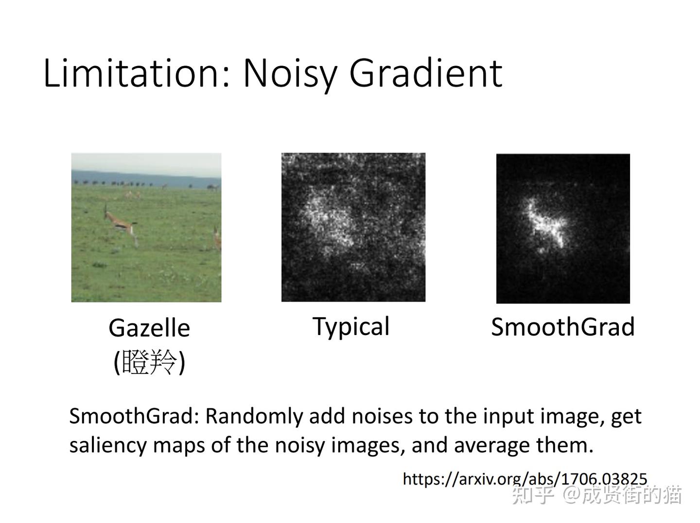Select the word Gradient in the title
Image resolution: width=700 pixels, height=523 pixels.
coord(426,73)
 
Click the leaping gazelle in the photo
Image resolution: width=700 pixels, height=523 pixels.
coord(120,224)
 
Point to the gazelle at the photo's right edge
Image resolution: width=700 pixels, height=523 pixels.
coord(217,238)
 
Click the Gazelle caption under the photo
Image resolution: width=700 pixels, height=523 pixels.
coord(149,328)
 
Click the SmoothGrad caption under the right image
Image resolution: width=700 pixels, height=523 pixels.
coord(563,327)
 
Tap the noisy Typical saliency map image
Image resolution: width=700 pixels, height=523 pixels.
coord(353,227)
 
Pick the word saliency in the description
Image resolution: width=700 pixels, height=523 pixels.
coord(108,445)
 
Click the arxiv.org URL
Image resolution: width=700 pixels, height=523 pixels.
coord(525,479)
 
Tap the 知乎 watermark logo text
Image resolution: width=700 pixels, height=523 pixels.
coord(533,496)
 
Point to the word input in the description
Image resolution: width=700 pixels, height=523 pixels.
coord(507,417)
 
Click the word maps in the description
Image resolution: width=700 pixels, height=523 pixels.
coord(179,446)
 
